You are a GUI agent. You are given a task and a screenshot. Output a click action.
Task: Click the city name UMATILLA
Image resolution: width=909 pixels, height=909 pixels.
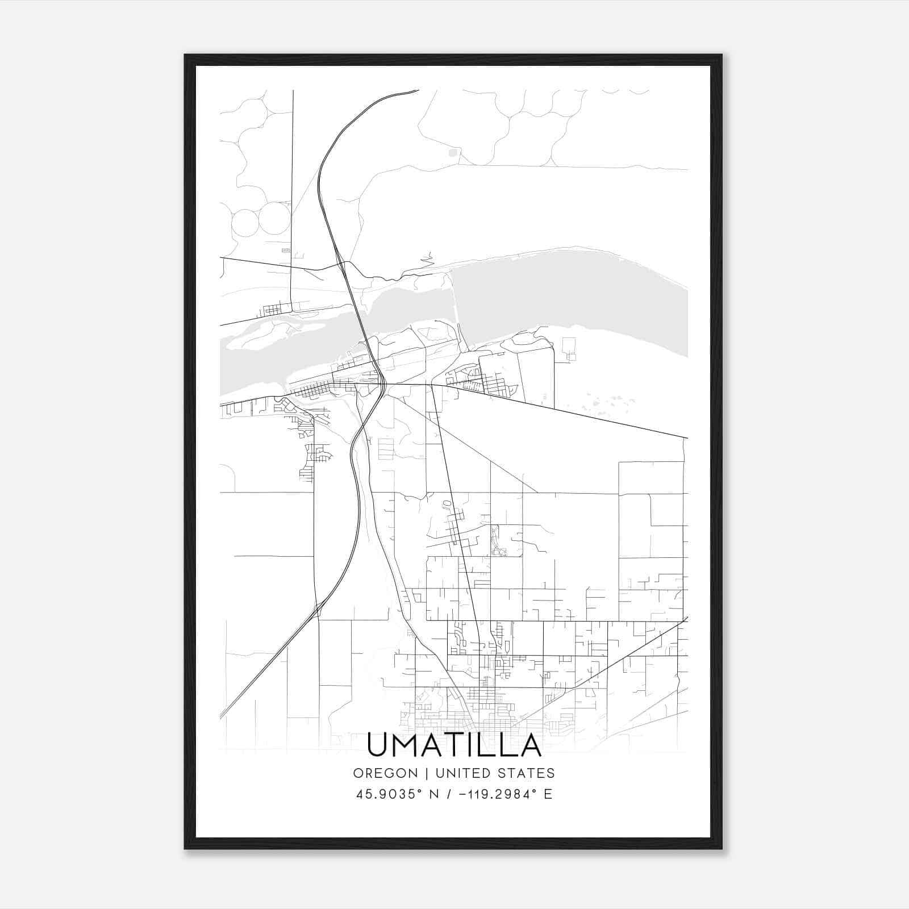(x=454, y=745)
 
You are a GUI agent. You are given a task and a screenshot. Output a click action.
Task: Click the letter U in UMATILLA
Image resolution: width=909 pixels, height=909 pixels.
(x=380, y=745)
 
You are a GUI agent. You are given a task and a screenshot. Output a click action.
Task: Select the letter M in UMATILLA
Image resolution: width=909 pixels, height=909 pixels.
(x=407, y=745)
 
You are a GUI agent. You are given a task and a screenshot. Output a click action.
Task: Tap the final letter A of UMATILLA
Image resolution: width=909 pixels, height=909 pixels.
(x=529, y=745)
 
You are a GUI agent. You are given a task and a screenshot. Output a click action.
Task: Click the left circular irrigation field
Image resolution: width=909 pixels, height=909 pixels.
(x=245, y=222)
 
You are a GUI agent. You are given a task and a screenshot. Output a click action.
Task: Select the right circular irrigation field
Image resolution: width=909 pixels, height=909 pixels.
(x=275, y=218)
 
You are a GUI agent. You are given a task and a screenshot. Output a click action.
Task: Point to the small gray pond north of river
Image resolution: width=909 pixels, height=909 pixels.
(x=453, y=152)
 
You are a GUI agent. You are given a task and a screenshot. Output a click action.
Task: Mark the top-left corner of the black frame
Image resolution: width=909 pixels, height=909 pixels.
(x=185, y=55)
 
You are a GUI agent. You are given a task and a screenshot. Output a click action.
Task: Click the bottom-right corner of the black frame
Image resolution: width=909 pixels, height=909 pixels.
(x=722, y=849)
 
